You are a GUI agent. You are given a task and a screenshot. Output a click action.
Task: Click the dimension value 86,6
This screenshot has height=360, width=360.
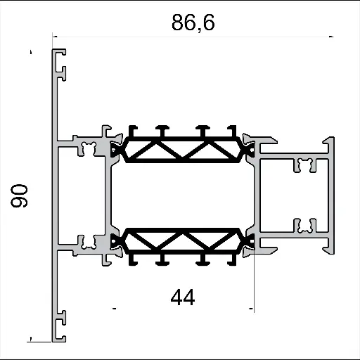click(193, 22)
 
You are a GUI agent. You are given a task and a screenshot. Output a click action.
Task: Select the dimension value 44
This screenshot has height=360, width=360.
click(182, 298)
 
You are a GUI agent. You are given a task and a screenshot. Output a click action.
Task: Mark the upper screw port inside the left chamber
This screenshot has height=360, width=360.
click(89, 148)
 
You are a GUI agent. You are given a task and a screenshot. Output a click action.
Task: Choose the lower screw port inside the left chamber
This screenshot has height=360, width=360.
click(89, 242)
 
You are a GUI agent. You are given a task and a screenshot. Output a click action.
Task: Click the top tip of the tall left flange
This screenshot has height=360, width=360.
click(56, 52)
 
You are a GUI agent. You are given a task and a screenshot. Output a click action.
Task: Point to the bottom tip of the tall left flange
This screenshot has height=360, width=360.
click(56, 338)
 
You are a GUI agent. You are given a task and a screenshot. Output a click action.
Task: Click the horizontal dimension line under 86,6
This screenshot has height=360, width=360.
click(193, 37)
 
